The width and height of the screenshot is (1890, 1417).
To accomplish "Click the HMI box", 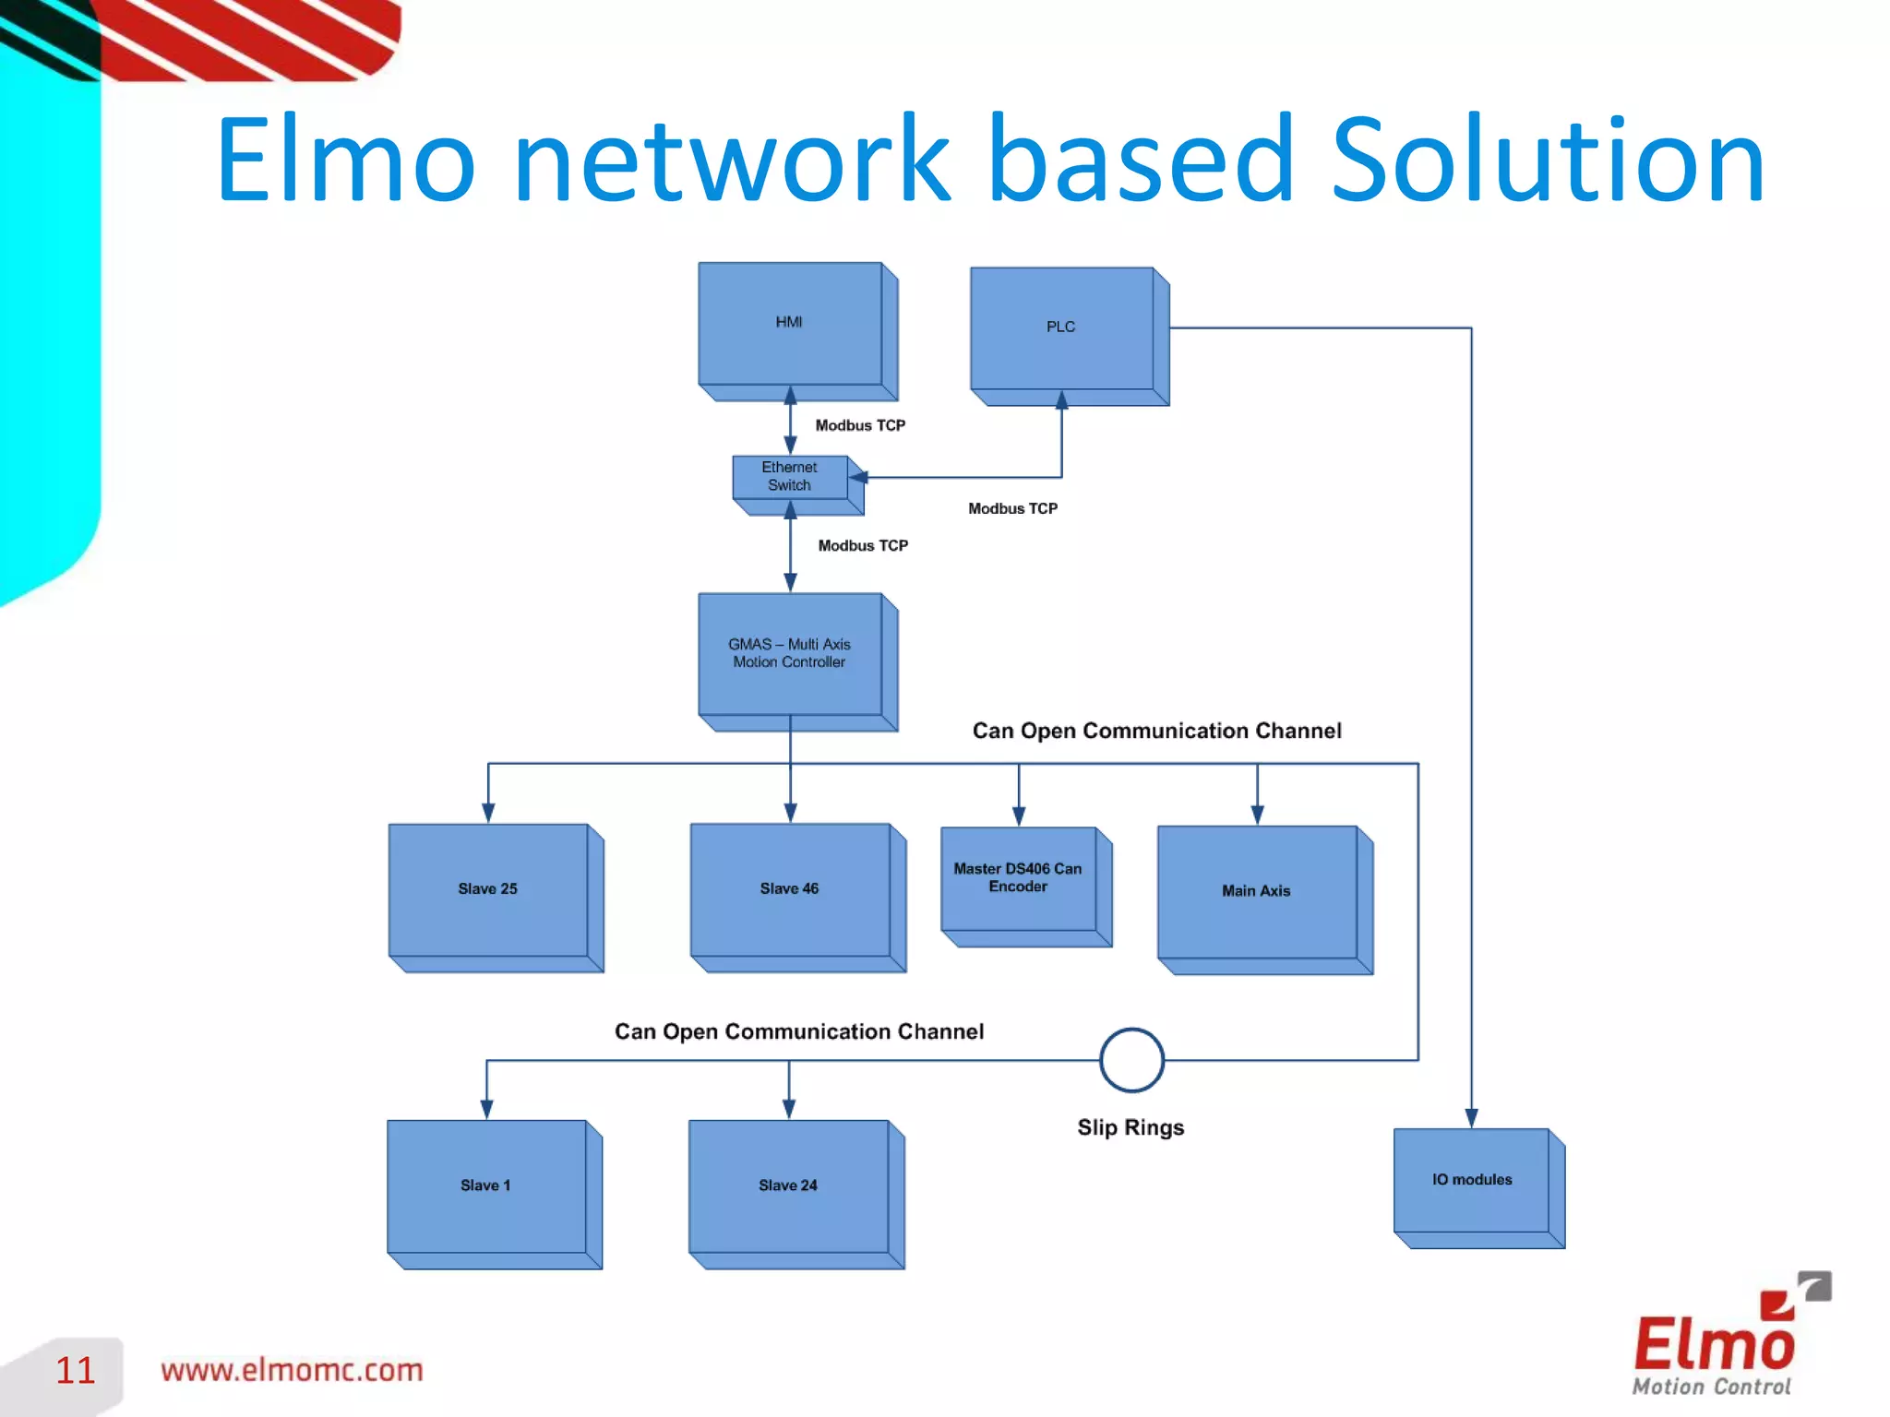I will pos(790,324).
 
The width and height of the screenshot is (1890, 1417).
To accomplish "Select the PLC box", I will pos(1061,328).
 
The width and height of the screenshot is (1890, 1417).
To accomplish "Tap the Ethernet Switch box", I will pos(790,477).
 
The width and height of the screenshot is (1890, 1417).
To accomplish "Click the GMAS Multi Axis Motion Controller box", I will pos(790,654).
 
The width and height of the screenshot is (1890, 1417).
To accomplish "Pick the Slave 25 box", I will pos(488,890).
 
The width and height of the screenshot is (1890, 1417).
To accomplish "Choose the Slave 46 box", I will pos(790,889).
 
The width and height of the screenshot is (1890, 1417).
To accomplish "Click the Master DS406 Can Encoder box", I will pos(1018,878).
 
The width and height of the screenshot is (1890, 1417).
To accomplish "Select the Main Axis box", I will pos(1257,892).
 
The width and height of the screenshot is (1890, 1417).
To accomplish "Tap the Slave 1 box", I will pos(486,1186).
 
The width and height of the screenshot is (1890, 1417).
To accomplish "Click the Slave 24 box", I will pos(788,1186).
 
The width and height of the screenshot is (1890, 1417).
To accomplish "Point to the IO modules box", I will pos(1472,1181).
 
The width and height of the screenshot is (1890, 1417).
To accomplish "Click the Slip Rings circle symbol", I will pos(1131,1061).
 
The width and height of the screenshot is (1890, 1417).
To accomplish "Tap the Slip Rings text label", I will pos(1130,1127).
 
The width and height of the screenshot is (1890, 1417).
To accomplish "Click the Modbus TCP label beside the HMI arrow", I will pos(860,425).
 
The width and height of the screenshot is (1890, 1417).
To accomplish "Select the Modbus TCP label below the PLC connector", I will pos(1012,508).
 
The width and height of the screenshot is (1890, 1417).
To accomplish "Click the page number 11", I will pos(75,1371).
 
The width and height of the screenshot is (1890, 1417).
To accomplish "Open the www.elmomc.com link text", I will pos(292,1371).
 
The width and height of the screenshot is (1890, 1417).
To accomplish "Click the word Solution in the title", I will pos(1548,161).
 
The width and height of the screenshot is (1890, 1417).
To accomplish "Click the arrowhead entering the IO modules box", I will pos(1472,1118).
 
